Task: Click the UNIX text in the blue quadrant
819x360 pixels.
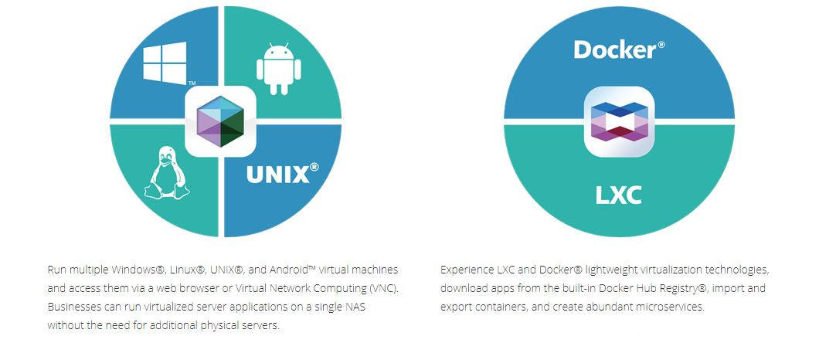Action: click(277, 175)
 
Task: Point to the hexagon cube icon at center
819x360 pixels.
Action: click(221, 121)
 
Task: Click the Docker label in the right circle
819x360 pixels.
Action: click(615, 50)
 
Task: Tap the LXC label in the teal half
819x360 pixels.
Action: click(618, 195)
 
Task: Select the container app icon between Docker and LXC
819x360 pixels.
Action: click(618, 121)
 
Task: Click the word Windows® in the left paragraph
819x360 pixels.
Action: click(138, 270)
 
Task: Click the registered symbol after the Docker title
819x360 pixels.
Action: click(661, 44)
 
